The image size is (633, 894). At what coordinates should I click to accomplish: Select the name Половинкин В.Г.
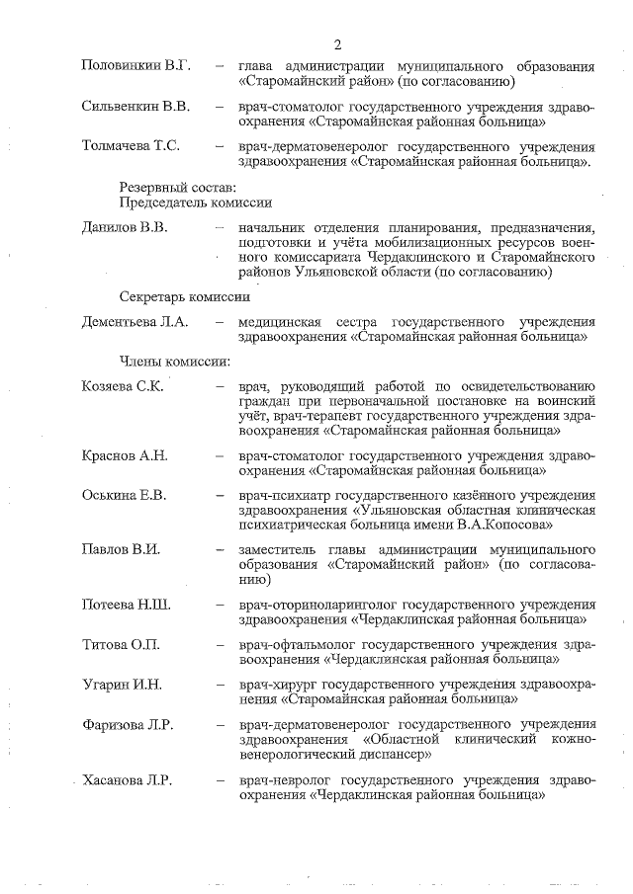pyautogui.click(x=136, y=66)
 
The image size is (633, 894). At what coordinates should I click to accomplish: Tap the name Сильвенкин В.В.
pyautogui.click(x=136, y=105)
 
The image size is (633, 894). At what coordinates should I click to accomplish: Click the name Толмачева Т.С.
pyautogui.click(x=131, y=145)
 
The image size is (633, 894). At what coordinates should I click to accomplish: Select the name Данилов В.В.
pyautogui.click(x=125, y=228)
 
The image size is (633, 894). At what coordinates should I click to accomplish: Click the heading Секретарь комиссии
pyautogui.click(x=184, y=295)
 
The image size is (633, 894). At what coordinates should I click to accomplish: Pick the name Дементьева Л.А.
pyautogui.click(x=134, y=322)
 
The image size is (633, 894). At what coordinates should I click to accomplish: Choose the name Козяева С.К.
pyautogui.click(x=123, y=385)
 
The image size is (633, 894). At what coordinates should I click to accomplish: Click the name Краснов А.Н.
pyautogui.click(x=125, y=455)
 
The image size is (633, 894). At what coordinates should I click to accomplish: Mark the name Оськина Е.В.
pyautogui.click(x=124, y=495)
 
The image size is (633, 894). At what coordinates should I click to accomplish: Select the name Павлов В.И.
pyautogui.click(x=121, y=548)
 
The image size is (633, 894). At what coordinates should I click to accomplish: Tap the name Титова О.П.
pyautogui.click(x=121, y=644)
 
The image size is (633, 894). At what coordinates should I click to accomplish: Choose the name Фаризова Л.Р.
pyautogui.click(x=128, y=724)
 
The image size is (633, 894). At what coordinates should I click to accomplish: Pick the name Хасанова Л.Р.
pyautogui.click(x=128, y=780)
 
